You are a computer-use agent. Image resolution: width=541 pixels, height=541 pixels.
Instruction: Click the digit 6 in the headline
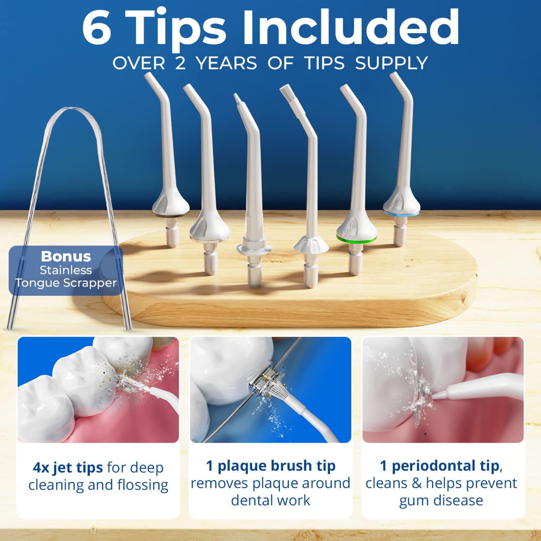tap(97, 28)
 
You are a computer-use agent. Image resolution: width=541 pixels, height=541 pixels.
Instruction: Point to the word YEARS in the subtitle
tap(227, 63)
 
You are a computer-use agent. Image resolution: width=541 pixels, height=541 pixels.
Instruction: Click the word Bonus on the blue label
tap(66, 256)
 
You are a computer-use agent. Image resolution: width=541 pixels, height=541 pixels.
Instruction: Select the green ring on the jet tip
tap(356, 239)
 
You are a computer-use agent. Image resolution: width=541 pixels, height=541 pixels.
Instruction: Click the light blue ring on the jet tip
tap(401, 213)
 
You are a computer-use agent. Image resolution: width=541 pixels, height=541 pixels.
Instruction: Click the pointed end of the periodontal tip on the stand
tap(237, 98)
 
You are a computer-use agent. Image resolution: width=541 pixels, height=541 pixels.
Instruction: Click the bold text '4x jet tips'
tap(68, 468)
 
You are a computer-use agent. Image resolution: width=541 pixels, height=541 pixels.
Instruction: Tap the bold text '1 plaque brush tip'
tap(270, 466)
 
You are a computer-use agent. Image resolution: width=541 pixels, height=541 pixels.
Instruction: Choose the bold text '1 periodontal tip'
tap(440, 466)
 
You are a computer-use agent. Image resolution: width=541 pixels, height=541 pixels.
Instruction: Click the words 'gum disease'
tap(441, 500)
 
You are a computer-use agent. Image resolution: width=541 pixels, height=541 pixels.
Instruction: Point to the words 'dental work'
tap(270, 500)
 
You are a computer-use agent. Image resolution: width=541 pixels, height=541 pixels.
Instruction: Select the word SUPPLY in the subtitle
tap(392, 63)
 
